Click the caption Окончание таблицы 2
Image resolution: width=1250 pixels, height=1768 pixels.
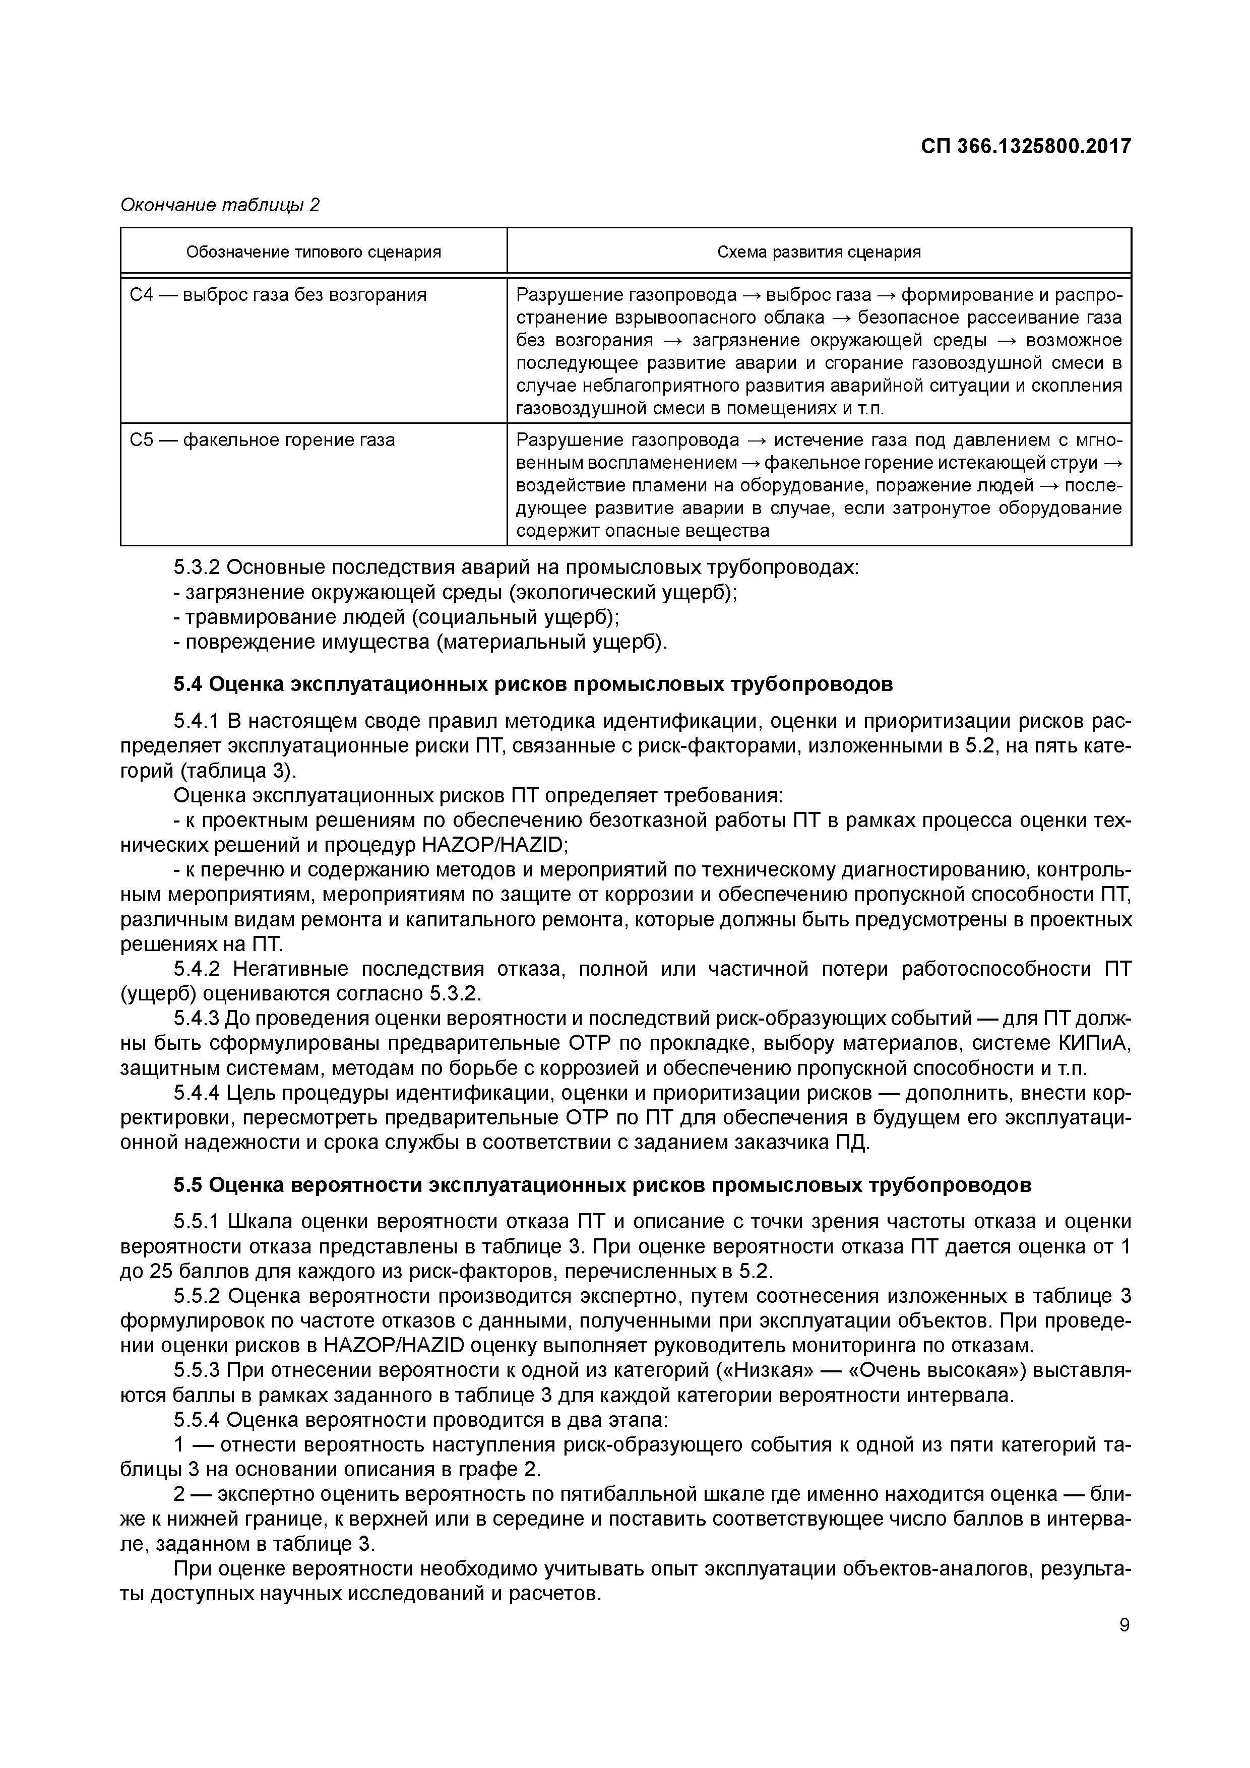220,205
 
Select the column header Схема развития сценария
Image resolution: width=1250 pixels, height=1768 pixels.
819,252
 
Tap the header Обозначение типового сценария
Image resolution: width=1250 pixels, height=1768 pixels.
314,252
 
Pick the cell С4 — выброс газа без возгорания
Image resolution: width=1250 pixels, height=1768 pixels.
278,295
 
